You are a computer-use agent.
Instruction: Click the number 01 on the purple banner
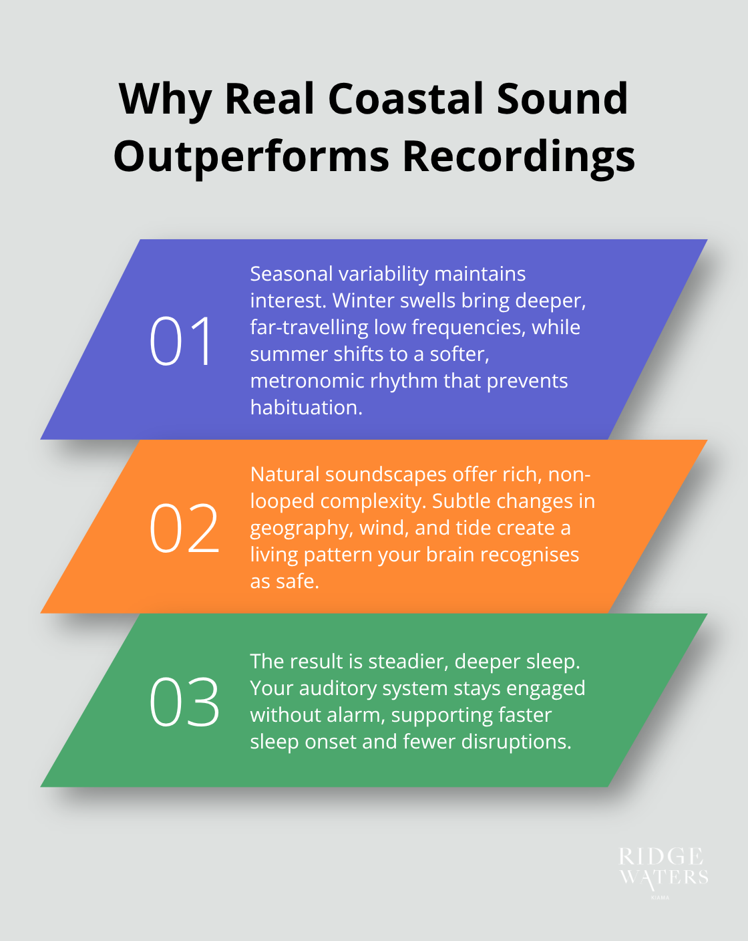coord(182,342)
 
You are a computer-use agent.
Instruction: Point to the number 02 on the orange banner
coord(184,529)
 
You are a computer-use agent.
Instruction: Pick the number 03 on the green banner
coord(184,702)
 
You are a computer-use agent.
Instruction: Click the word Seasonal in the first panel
coord(291,274)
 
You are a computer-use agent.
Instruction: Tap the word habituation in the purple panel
coord(305,408)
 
